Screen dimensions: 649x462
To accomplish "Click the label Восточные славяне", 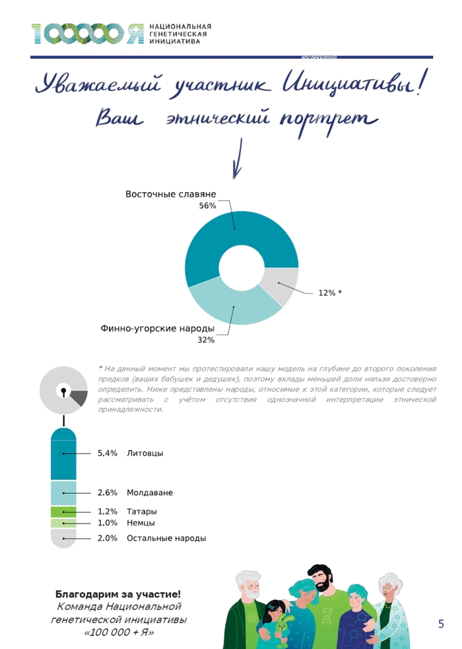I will pyautogui.click(x=170, y=195).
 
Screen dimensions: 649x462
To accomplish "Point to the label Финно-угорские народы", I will pyautogui.click(x=157, y=328).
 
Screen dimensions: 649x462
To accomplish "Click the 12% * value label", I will pyautogui.click(x=330, y=292).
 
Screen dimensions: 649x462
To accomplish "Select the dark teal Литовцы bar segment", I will pyautogui.click(x=63, y=454).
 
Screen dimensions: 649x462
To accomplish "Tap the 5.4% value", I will pyautogui.click(x=107, y=454).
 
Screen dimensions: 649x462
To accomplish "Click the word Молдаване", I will pyautogui.click(x=150, y=493).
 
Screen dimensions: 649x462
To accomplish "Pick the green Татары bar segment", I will pyautogui.click(x=63, y=512).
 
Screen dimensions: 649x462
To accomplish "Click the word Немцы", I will pyautogui.click(x=141, y=523).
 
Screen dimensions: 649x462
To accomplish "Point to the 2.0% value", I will pyautogui.click(x=107, y=538).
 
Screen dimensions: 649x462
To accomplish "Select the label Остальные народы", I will pyautogui.click(x=166, y=538).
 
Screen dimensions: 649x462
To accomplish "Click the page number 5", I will pyautogui.click(x=441, y=623).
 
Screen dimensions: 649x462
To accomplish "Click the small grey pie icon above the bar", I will pyautogui.click(x=63, y=390).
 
